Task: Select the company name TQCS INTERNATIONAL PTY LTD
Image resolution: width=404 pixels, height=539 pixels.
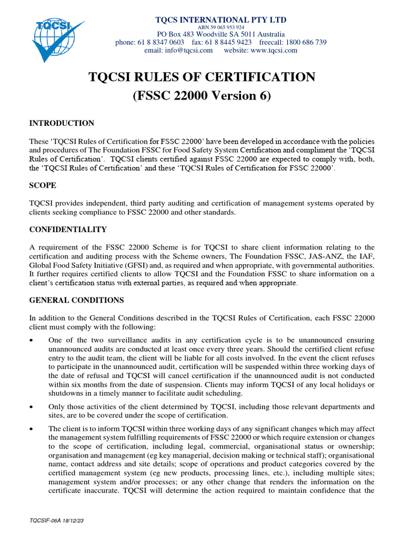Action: point(221,20)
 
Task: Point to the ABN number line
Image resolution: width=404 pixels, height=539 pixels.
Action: point(220,27)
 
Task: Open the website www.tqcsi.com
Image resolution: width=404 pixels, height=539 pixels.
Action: point(275,51)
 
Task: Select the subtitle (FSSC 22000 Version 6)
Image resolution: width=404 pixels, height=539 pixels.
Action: point(202,96)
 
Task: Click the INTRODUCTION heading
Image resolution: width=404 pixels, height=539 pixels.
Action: point(62,123)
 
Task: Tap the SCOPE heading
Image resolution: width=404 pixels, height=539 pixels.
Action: point(43,186)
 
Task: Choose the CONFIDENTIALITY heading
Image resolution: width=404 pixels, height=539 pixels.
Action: point(68,229)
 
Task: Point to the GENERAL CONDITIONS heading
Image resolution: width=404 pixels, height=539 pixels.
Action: point(76,300)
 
